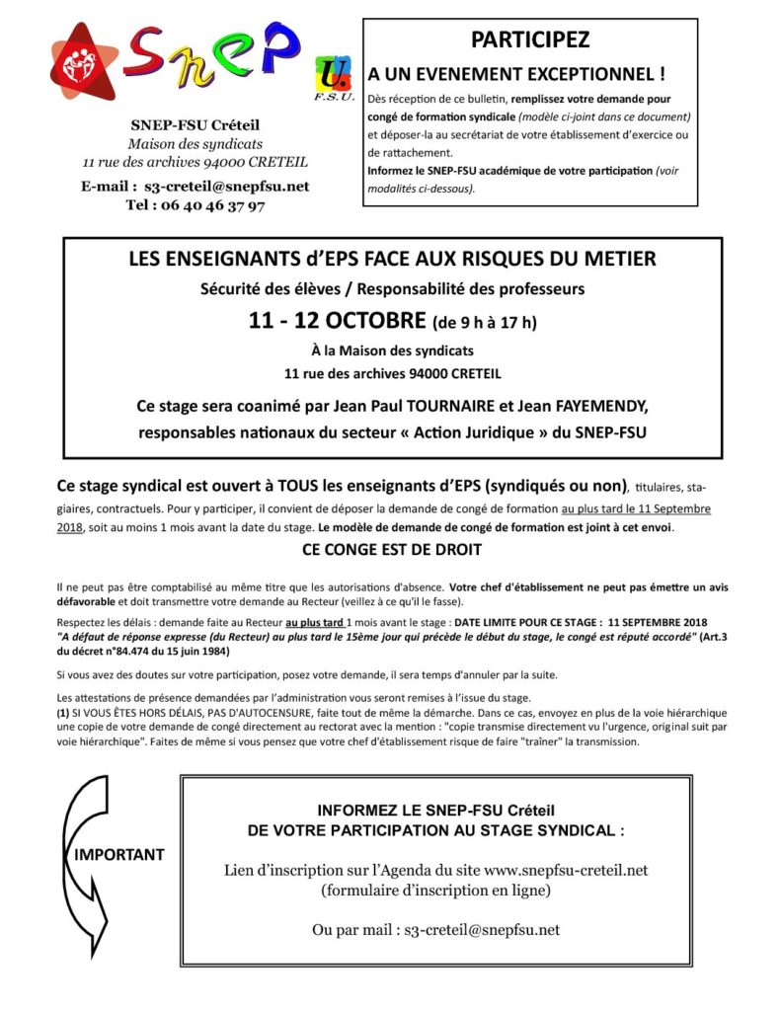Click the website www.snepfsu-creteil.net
(566, 870)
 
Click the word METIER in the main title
(622, 260)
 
